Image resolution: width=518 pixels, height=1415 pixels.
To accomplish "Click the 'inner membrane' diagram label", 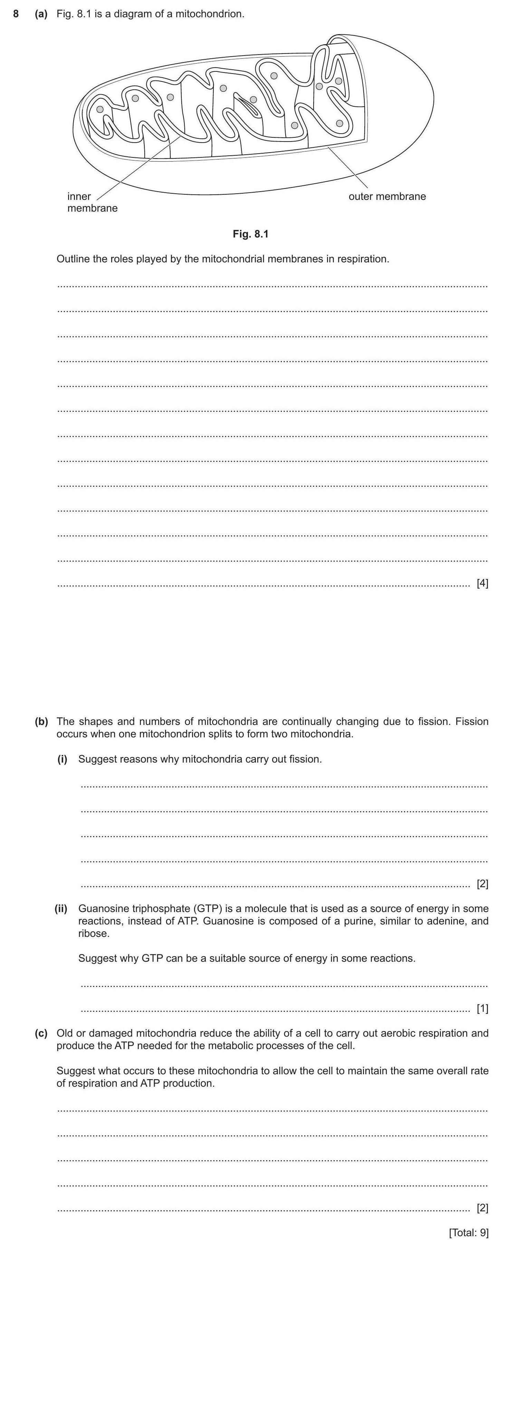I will tap(92, 202).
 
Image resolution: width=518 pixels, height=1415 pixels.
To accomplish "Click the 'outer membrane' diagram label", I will tap(387, 196).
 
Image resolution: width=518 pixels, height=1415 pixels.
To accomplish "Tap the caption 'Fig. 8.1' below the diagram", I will tap(250, 234).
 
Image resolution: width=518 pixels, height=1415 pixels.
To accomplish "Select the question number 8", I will tap(17, 14).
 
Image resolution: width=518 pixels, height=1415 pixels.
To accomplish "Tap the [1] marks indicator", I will tap(482, 1008).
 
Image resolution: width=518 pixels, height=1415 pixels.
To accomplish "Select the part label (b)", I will tap(41, 721).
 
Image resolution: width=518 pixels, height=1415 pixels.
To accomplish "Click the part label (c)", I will tap(41, 1033).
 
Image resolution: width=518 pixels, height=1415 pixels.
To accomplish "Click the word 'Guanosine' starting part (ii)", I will tap(103, 909).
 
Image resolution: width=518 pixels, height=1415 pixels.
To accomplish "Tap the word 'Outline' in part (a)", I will tap(74, 259).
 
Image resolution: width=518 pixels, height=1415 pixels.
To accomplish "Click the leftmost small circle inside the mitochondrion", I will tap(99, 109).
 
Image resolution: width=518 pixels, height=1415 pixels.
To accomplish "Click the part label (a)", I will tap(41, 14).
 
